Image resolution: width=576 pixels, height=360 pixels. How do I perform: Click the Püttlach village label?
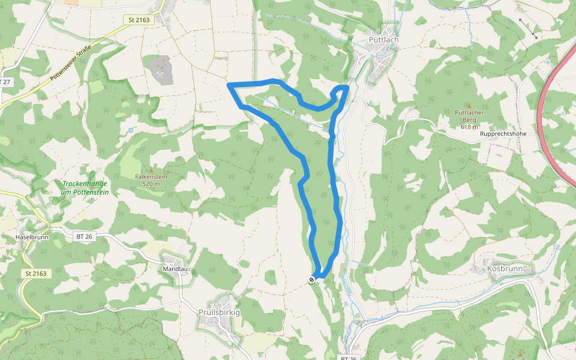tap(384, 40)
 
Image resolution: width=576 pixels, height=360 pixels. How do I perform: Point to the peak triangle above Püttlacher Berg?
tap(469, 106)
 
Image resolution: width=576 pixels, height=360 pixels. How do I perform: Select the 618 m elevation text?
tap(469, 127)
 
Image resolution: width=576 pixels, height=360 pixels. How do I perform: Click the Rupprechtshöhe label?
tap(503, 134)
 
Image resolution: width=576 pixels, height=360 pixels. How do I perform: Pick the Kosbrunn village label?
tap(505, 269)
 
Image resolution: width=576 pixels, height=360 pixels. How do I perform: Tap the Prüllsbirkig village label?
tap(219, 313)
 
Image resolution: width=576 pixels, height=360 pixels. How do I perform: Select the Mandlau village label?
tap(175, 269)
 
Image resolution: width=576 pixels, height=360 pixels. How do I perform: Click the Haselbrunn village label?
tap(31, 238)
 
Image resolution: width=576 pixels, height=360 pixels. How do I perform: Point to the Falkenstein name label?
tap(151, 177)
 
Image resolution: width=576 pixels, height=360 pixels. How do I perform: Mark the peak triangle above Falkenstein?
tap(151, 170)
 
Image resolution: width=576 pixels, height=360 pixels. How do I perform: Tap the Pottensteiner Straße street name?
tap(71, 62)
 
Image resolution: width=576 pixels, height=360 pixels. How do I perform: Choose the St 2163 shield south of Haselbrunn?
tap(36, 274)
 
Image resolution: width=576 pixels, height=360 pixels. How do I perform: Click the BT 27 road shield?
tap(5, 82)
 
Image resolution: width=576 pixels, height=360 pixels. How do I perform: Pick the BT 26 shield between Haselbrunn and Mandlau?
tap(84, 237)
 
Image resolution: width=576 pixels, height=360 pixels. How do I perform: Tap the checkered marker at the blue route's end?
tap(311, 279)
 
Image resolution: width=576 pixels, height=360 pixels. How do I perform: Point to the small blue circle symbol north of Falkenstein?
tap(130, 130)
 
